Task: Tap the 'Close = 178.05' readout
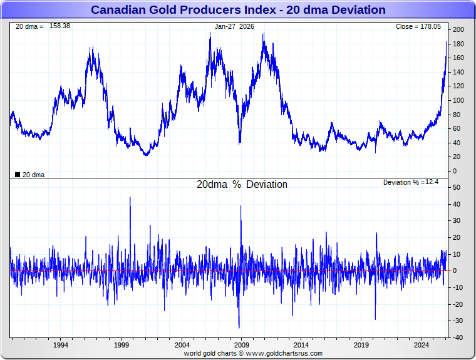[418, 27]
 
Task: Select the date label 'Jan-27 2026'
[235, 27]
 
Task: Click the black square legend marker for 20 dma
[17, 175]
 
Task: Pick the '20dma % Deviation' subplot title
[242, 185]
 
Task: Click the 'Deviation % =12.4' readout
[411, 182]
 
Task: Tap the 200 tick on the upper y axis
[458, 30]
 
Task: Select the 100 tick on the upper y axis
[458, 101]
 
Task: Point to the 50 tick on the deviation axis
[457, 188]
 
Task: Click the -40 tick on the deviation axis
[457, 338]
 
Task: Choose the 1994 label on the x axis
[61, 345]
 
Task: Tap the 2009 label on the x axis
[242, 345]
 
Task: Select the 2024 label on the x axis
[422, 345]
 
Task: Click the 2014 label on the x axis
[302, 345]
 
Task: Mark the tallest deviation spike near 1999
[130, 197]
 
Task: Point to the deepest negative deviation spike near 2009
[239, 327]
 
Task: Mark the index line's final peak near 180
[446, 43]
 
